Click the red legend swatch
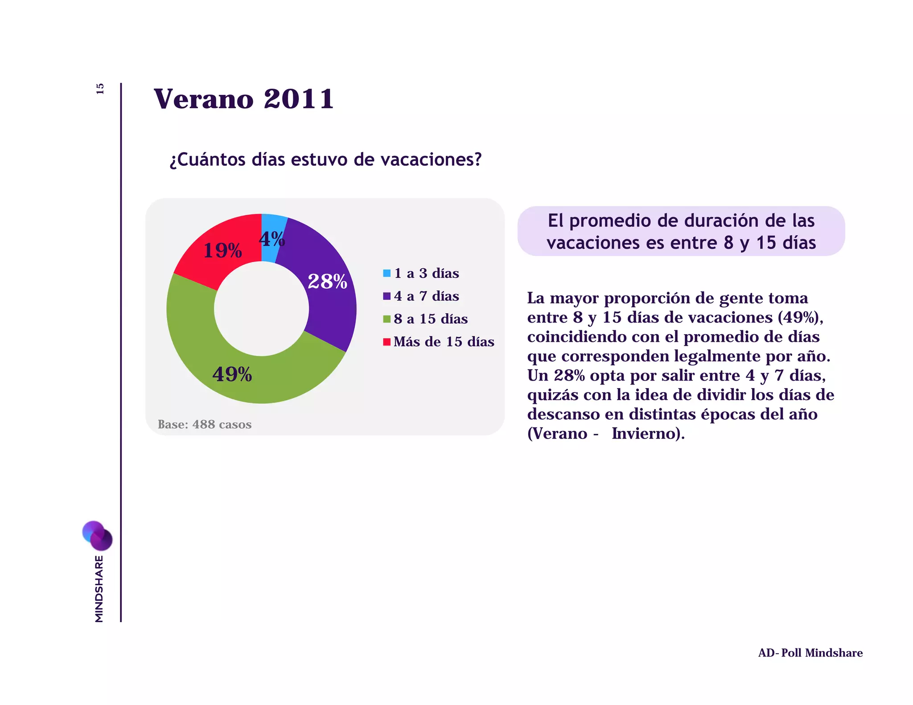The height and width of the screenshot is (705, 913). (387, 342)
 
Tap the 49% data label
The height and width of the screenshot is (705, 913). (232, 374)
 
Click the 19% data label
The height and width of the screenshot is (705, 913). (222, 250)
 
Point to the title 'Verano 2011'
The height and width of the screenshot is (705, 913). (243, 99)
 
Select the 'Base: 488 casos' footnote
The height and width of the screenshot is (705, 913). (205, 424)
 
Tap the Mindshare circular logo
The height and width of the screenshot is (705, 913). (97, 535)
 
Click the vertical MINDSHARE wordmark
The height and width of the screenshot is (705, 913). (99, 588)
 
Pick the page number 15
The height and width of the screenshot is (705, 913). (100, 89)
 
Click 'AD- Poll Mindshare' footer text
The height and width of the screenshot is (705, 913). (810, 653)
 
